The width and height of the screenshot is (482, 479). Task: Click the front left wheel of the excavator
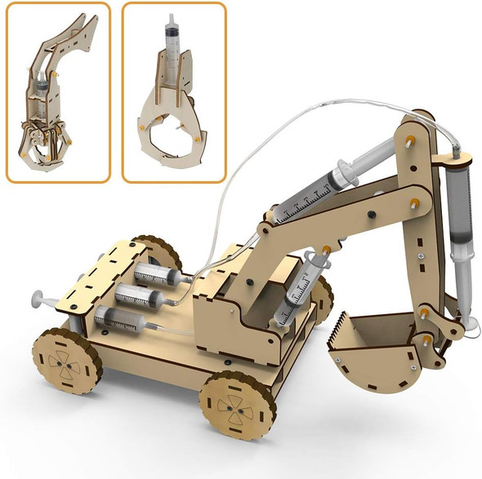coord(236,406)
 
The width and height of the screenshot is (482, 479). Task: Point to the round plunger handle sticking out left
coord(38,301)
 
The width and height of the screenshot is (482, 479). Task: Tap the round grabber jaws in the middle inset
coord(173,131)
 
